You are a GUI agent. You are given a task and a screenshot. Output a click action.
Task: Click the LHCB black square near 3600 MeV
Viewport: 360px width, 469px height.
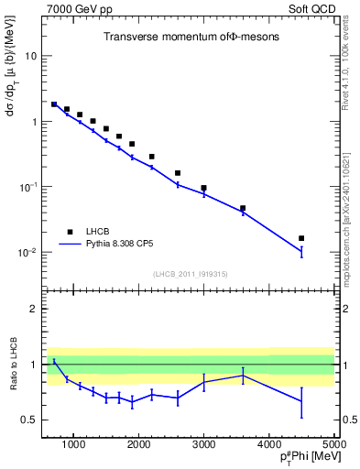243,208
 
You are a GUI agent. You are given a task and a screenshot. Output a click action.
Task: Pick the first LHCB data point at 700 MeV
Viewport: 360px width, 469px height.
54,104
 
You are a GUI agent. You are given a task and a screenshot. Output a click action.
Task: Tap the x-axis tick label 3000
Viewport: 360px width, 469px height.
203,445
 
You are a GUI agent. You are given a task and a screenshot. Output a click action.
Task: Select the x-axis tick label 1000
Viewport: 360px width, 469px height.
73,445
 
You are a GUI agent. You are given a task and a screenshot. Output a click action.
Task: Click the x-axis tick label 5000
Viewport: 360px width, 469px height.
333,445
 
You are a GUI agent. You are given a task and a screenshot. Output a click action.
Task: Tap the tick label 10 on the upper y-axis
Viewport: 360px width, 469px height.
29,56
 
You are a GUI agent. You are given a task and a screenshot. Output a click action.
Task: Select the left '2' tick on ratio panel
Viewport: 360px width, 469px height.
33,309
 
